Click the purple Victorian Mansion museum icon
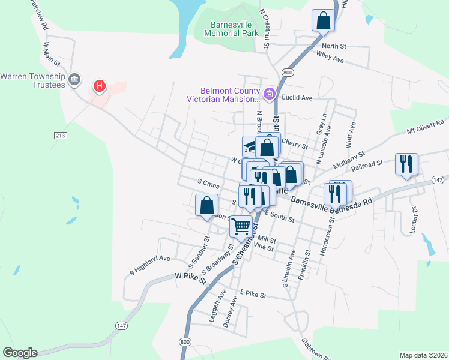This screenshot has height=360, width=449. (270, 94)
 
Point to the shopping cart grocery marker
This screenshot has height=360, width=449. (241, 227)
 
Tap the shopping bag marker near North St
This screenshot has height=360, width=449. (324, 20)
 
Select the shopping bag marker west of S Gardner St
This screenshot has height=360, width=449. (206, 205)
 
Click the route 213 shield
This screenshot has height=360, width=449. (59, 136)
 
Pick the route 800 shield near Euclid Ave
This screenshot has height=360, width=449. (288, 72)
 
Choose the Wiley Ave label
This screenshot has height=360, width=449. (330, 58)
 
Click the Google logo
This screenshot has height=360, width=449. (20, 353)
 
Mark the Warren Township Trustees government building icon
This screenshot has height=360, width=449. (75, 79)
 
